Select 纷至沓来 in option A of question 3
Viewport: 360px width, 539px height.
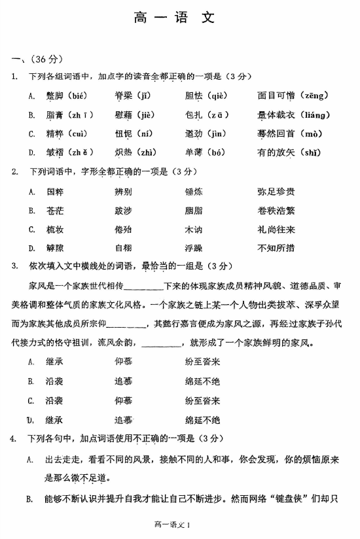pos(202,361)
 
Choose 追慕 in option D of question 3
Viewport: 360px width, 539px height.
pos(124,419)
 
